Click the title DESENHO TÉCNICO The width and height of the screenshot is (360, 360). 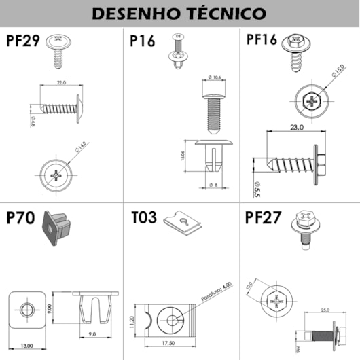(x=179, y=14)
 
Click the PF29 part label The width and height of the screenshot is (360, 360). (x=22, y=41)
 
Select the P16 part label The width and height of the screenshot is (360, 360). (x=143, y=41)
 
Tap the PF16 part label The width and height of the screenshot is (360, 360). (x=261, y=40)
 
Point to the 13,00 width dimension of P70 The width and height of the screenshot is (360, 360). (x=26, y=346)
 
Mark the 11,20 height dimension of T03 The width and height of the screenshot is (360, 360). (x=131, y=319)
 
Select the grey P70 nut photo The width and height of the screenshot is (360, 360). (x=56, y=228)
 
